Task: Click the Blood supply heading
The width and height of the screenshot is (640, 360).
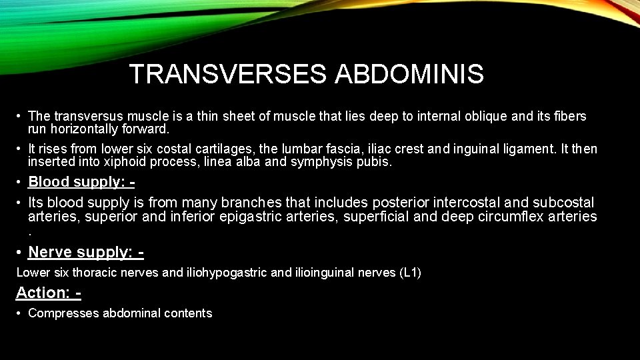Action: (81, 182)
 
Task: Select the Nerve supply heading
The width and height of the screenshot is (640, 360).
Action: (86, 252)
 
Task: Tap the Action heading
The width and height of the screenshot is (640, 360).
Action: (48, 293)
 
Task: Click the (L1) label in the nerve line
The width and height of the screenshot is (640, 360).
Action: (407, 273)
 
